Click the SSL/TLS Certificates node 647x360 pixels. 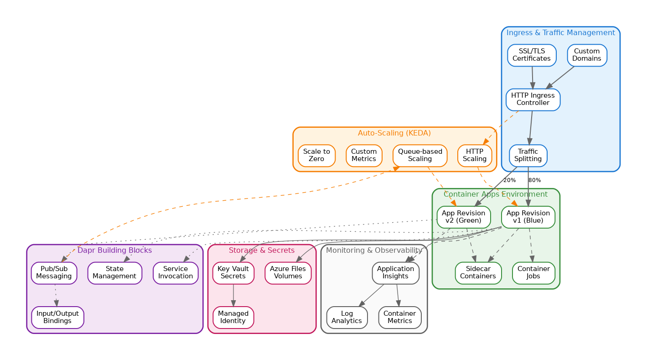pyautogui.click(x=532, y=55)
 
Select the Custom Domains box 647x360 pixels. pyautogui.click(x=587, y=55)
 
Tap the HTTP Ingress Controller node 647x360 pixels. pyautogui.click(x=533, y=99)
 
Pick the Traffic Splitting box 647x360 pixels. pyautogui.click(x=528, y=156)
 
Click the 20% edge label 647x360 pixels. pyautogui.click(x=509, y=180)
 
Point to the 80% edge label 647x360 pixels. pyautogui.click(x=534, y=180)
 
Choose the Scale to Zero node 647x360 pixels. pyautogui.click(x=316, y=156)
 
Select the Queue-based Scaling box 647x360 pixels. pyautogui.click(x=419, y=156)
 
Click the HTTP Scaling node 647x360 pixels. pyautogui.click(x=475, y=156)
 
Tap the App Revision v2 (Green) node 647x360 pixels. pyautogui.click(x=463, y=217)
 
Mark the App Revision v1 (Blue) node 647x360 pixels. pyautogui.click(x=528, y=217)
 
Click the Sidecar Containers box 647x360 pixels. pyautogui.click(x=478, y=273)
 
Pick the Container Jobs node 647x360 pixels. pyautogui.click(x=533, y=273)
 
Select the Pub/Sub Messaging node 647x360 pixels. pyautogui.click(x=54, y=273)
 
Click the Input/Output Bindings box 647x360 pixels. pyautogui.click(x=57, y=318)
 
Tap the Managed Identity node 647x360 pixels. pyautogui.click(x=233, y=318)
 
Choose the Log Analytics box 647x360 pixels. pyautogui.click(x=347, y=318)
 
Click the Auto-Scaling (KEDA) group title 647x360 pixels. pyautogui.click(x=394, y=133)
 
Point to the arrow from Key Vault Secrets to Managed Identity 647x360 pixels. pyautogui.click(x=233, y=295)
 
